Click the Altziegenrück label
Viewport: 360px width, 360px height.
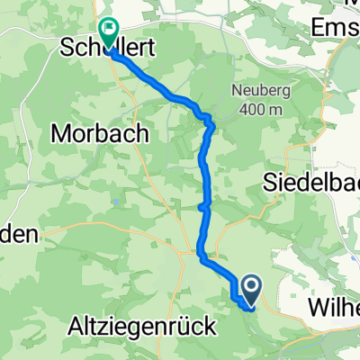[x=142, y=328]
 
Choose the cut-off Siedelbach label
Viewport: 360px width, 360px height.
[x=311, y=182]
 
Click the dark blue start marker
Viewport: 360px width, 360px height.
[x=250, y=290]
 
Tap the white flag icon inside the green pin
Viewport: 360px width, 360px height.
[x=108, y=29]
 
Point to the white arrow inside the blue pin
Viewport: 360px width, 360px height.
[x=250, y=286]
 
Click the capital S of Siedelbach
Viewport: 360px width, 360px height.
[x=269, y=182]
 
